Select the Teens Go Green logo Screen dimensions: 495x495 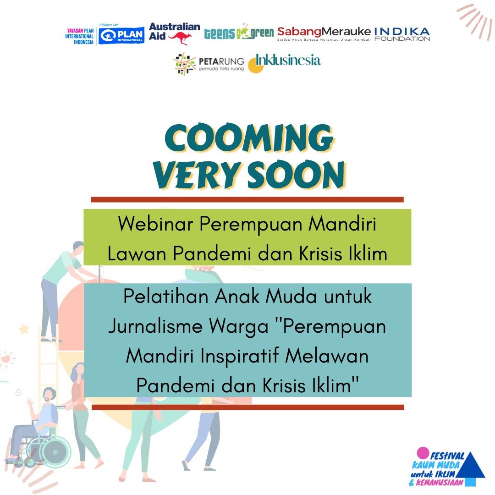239,33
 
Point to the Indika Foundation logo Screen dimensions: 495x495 402,34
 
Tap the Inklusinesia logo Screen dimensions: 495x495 285,62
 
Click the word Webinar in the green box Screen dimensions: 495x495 156,225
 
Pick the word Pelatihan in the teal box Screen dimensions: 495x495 166,297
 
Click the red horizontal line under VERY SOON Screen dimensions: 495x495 247,199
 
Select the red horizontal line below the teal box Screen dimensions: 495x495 247,407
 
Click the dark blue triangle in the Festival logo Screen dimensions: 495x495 471,466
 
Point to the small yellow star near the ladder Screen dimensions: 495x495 23,329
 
